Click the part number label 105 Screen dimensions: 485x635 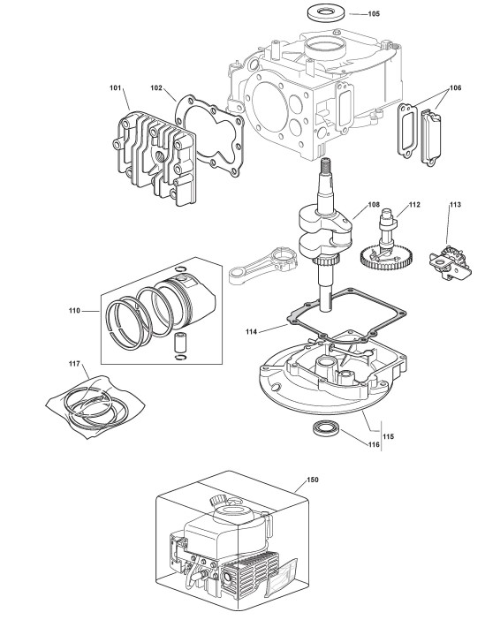pos(374,14)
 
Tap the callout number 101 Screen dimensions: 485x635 pos(116,88)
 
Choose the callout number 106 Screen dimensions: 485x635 pos(456,88)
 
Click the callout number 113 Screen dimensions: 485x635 pos(455,205)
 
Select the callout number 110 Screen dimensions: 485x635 pos(74,311)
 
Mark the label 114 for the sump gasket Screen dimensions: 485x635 pos(251,332)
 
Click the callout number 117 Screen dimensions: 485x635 pos(74,364)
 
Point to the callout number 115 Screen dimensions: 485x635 pos(388,436)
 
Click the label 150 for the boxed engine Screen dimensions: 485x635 pos(313,480)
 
